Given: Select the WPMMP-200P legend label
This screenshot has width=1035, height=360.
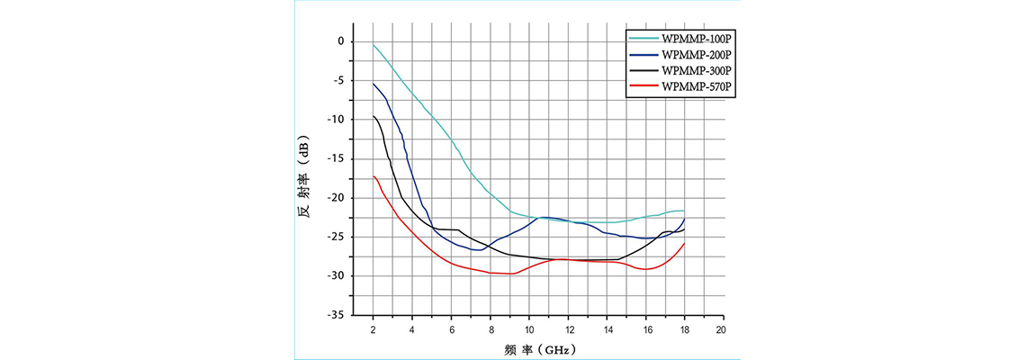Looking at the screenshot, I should [x=696, y=56].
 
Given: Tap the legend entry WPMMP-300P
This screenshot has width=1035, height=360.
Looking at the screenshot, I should [x=696, y=70].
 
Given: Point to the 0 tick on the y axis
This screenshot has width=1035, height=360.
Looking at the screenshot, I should [x=341, y=41].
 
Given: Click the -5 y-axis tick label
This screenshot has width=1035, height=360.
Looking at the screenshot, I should [x=338, y=80].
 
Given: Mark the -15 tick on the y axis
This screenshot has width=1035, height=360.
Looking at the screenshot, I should [x=337, y=158].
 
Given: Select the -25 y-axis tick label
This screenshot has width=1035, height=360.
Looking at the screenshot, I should [x=337, y=237].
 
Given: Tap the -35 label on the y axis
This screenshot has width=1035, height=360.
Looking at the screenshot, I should [x=337, y=315].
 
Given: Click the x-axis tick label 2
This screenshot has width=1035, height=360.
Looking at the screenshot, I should [x=373, y=330].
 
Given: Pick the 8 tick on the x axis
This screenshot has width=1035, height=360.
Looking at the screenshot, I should [x=489, y=330].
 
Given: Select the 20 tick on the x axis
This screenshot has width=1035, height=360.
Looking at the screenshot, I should [x=721, y=330].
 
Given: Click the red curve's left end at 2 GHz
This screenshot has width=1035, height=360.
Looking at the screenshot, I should [x=373, y=176].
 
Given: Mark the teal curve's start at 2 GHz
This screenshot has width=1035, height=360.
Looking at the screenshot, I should [x=373, y=44].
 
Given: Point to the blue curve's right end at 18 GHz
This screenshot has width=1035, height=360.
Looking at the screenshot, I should [x=684, y=219].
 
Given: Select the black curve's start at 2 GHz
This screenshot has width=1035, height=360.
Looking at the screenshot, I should [x=373, y=116].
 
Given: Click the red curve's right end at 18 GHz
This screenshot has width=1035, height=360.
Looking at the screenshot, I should [x=684, y=244].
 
